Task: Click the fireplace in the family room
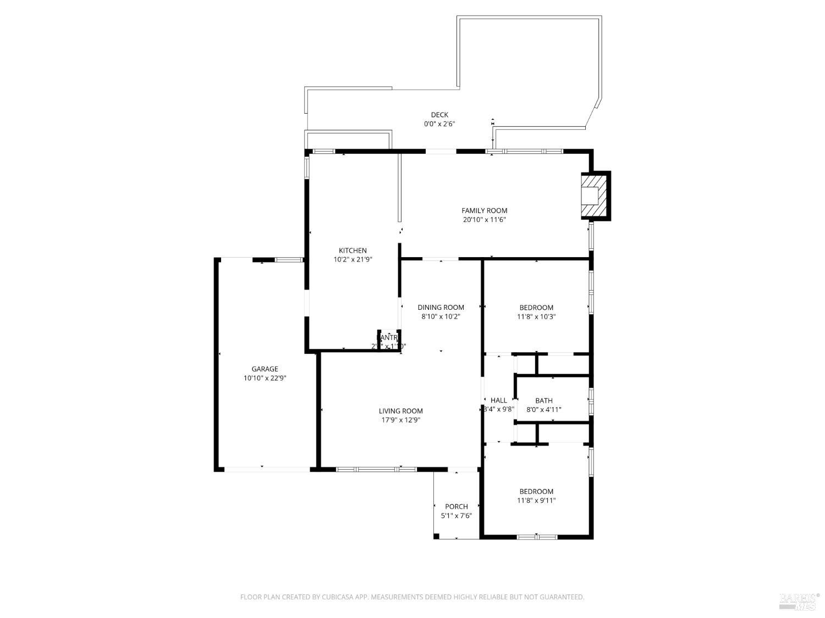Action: point(594,196)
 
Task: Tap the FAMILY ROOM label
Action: point(484,210)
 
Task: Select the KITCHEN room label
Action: point(353,250)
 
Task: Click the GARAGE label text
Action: point(265,369)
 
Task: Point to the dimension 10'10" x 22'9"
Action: point(265,378)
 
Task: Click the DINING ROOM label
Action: point(441,308)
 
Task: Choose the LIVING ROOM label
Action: point(400,411)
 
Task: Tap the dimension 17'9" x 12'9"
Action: point(400,420)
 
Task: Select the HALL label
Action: point(498,400)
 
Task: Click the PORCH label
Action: point(456,506)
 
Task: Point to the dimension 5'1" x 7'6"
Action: point(456,516)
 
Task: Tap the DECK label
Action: point(439,115)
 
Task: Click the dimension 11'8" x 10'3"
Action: point(536,317)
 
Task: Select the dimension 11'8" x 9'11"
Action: point(536,500)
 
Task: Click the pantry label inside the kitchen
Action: point(388,337)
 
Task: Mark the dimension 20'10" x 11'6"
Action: point(484,220)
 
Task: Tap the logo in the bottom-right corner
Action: point(799,601)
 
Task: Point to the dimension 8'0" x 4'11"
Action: point(543,410)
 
